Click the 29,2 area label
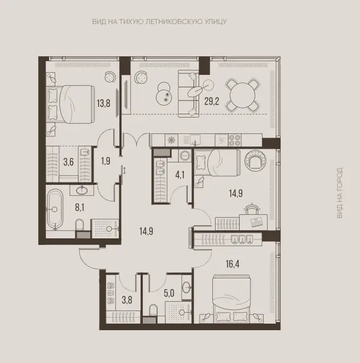(x=212, y=101)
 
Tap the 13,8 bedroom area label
(x=103, y=103)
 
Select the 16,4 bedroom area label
(x=233, y=264)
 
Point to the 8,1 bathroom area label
(x=79, y=208)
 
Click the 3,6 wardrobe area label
(x=68, y=162)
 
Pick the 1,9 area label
(x=106, y=161)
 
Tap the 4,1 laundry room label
(x=180, y=175)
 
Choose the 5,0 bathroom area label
(x=169, y=293)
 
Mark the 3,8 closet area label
(x=127, y=300)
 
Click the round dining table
(x=242, y=95)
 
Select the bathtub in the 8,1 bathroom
(x=55, y=209)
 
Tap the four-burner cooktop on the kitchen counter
(x=235, y=140)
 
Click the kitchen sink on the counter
(x=195, y=140)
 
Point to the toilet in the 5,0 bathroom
(x=153, y=310)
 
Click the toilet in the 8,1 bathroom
(x=79, y=225)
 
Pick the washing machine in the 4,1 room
(x=184, y=155)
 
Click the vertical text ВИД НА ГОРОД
(x=339, y=193)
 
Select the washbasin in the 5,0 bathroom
(x=187, y=288)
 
